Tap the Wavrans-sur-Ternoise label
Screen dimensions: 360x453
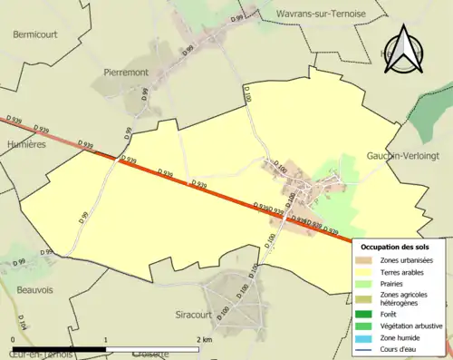321,15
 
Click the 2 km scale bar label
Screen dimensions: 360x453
205,339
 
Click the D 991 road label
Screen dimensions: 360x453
238,17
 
